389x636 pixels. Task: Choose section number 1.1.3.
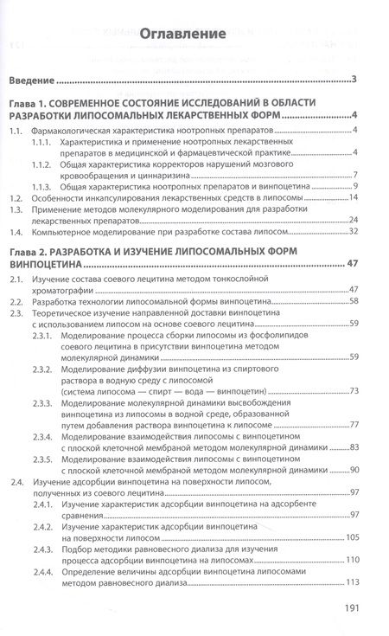click(42, 187)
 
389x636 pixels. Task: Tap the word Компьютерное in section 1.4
click(67, 232)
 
